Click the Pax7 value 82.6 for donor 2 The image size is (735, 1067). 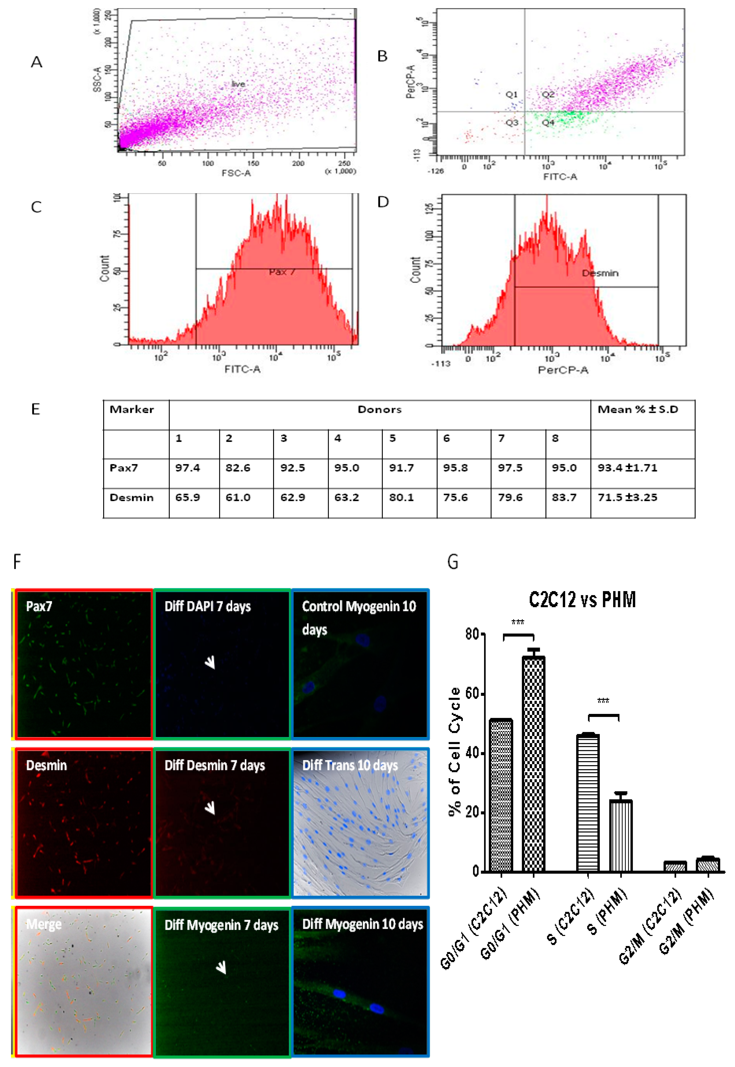coord(238,468)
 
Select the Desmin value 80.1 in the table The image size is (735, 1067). coord(401,497)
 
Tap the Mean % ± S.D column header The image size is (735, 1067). coord(638,409)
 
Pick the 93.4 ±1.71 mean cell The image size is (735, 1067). coord(627,468)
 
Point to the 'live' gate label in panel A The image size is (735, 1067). coord(238,84)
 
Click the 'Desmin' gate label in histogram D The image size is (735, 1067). coord(600,273)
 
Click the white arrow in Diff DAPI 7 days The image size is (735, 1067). coord(210,662)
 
